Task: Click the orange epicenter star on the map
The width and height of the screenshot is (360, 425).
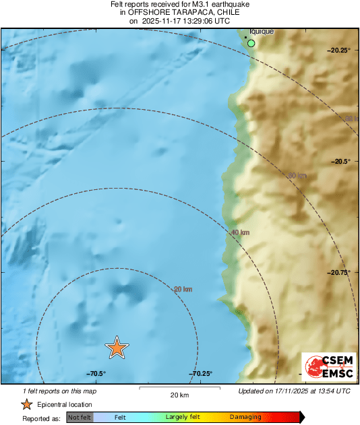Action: click(x=117, y=347)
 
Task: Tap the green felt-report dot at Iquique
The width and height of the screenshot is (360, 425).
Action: click(x=251, y=44)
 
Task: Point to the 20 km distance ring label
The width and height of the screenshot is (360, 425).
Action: click(x=183, y=290)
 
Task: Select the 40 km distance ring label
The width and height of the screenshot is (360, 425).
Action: click(x=240, y=232)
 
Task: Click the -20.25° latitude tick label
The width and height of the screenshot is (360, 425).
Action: click(x=338, y=51)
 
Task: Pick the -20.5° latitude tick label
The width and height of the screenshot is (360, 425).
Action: click(x=341, y=162)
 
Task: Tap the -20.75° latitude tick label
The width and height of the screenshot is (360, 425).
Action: click(x=338, y=273)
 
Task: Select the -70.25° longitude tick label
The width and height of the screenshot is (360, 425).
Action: click(x=201, y=374)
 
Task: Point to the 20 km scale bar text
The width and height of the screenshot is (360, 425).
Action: click(x=179, y=394)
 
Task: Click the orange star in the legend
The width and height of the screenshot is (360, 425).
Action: click(x=26, y=404)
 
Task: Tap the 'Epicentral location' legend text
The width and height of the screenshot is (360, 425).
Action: click(x=65, y=404)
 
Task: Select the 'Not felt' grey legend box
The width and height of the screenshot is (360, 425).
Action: click(x=80, y=418)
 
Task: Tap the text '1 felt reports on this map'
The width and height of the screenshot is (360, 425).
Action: click(x=59, y=391)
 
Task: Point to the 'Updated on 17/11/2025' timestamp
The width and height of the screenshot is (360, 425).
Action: click(x=295, y=391)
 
